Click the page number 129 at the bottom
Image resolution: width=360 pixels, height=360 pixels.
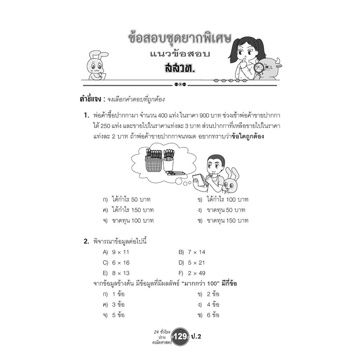(180, 336)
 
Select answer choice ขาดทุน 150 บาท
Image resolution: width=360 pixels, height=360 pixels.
(227, 221)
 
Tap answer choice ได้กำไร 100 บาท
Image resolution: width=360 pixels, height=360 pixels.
(227, 200)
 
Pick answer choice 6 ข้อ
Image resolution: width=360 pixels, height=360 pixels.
(213, 315)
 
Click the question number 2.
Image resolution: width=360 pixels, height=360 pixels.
(86, 242)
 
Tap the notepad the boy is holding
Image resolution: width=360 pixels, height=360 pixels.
(200, 180)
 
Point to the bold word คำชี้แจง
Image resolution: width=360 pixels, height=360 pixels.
(93, 99)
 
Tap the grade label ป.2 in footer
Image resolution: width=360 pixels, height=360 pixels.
(201, 336)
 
